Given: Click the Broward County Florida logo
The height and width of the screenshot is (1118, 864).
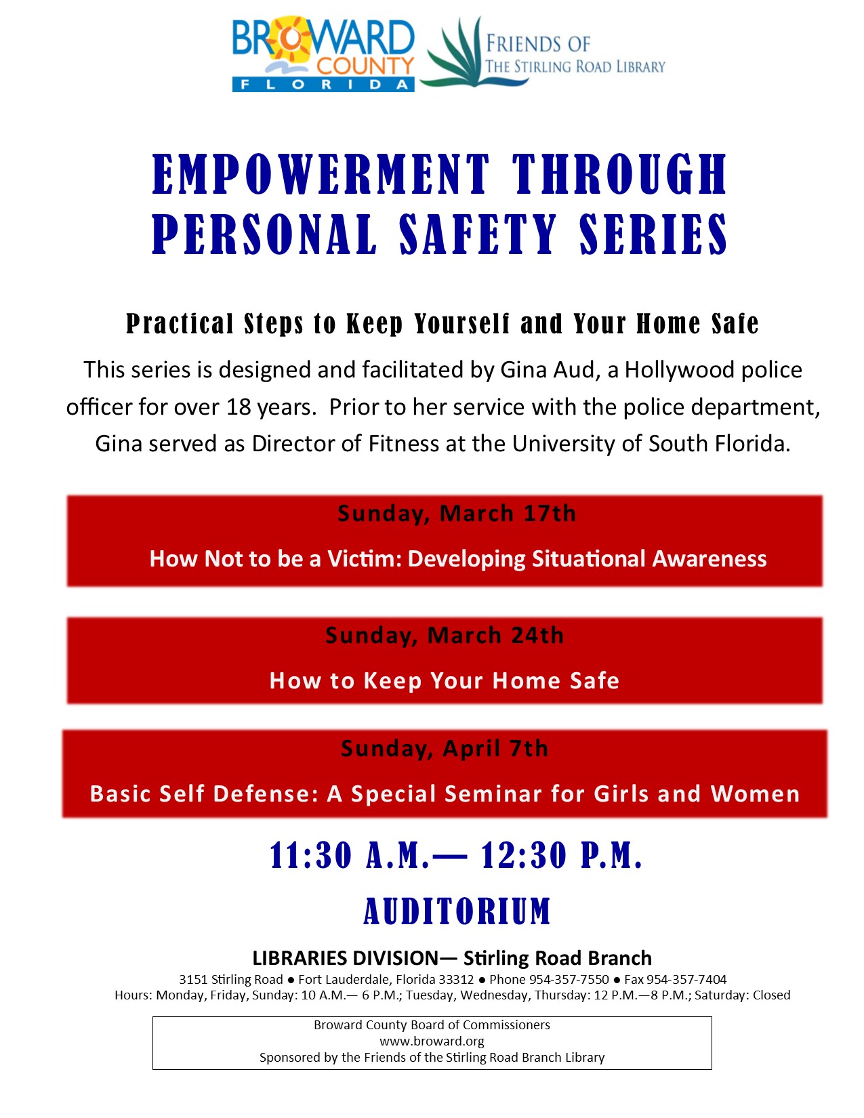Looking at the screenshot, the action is [x=323, y=54].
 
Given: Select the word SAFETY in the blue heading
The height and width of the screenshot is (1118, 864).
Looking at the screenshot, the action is [x=478, y=234].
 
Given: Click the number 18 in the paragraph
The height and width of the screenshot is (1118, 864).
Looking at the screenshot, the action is [x=239, y=407].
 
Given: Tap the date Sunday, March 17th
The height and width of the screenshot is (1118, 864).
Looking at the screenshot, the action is [x=457, y=514].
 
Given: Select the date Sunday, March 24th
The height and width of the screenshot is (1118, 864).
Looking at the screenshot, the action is [x=445, y=636].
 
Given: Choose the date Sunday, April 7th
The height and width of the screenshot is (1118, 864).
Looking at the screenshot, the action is [x=445, y=748].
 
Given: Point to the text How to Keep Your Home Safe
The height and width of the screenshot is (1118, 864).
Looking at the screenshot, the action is [x=445, y=681].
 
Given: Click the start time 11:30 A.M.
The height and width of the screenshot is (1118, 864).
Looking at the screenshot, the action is [x=350, y=856].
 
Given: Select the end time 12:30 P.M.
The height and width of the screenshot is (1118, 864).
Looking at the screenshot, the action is [x=561, y=856].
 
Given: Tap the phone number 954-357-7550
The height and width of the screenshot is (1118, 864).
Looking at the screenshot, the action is [x=569, y=980].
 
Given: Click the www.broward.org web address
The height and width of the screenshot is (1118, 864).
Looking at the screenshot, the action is [x=432, y=1041].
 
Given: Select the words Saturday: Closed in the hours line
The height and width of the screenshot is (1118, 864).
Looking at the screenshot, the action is [x=743, y=995].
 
